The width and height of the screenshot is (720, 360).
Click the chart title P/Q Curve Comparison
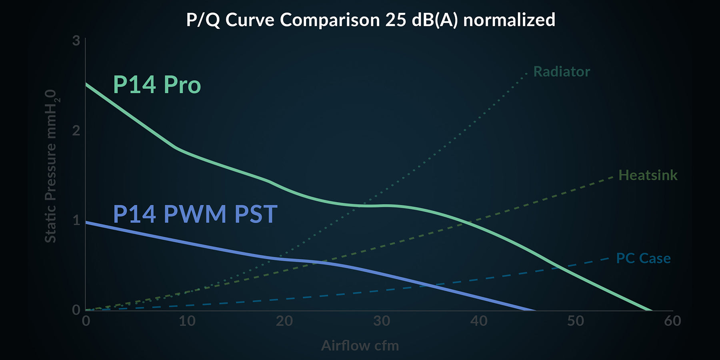(x=370, y=20)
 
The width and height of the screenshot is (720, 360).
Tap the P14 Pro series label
(x=157, y=85)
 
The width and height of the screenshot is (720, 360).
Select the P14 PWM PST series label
(x=195, y=214)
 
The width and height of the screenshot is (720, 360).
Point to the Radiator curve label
(x=562, y=72)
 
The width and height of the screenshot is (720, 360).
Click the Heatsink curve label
(x=648, y=175)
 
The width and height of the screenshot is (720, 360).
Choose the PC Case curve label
(x=643, y=258)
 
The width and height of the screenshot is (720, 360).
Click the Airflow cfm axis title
(x=360, y=346)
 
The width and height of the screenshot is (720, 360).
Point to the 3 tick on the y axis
(x=76, y=41)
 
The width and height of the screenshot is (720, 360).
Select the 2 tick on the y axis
(x=76, y=131)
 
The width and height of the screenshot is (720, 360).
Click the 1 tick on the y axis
(x=76, y=220)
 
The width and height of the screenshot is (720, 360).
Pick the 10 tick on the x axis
(x=187, y=321)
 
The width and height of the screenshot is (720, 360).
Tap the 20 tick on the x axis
(x=284, y=321)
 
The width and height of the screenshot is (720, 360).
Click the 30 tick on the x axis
(x=382, y=321)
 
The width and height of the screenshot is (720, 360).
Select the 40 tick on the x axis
(x=479, y=321)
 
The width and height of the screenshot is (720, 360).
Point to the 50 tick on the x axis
(x=576, y=321)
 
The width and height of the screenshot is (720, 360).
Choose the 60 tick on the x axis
(x=673, y=321)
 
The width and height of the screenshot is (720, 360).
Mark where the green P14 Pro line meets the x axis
(x=651, y=310)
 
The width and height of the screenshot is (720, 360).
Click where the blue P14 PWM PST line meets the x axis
(x=534, y=310)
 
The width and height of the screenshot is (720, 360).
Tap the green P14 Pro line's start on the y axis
(x=86, y=84)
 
